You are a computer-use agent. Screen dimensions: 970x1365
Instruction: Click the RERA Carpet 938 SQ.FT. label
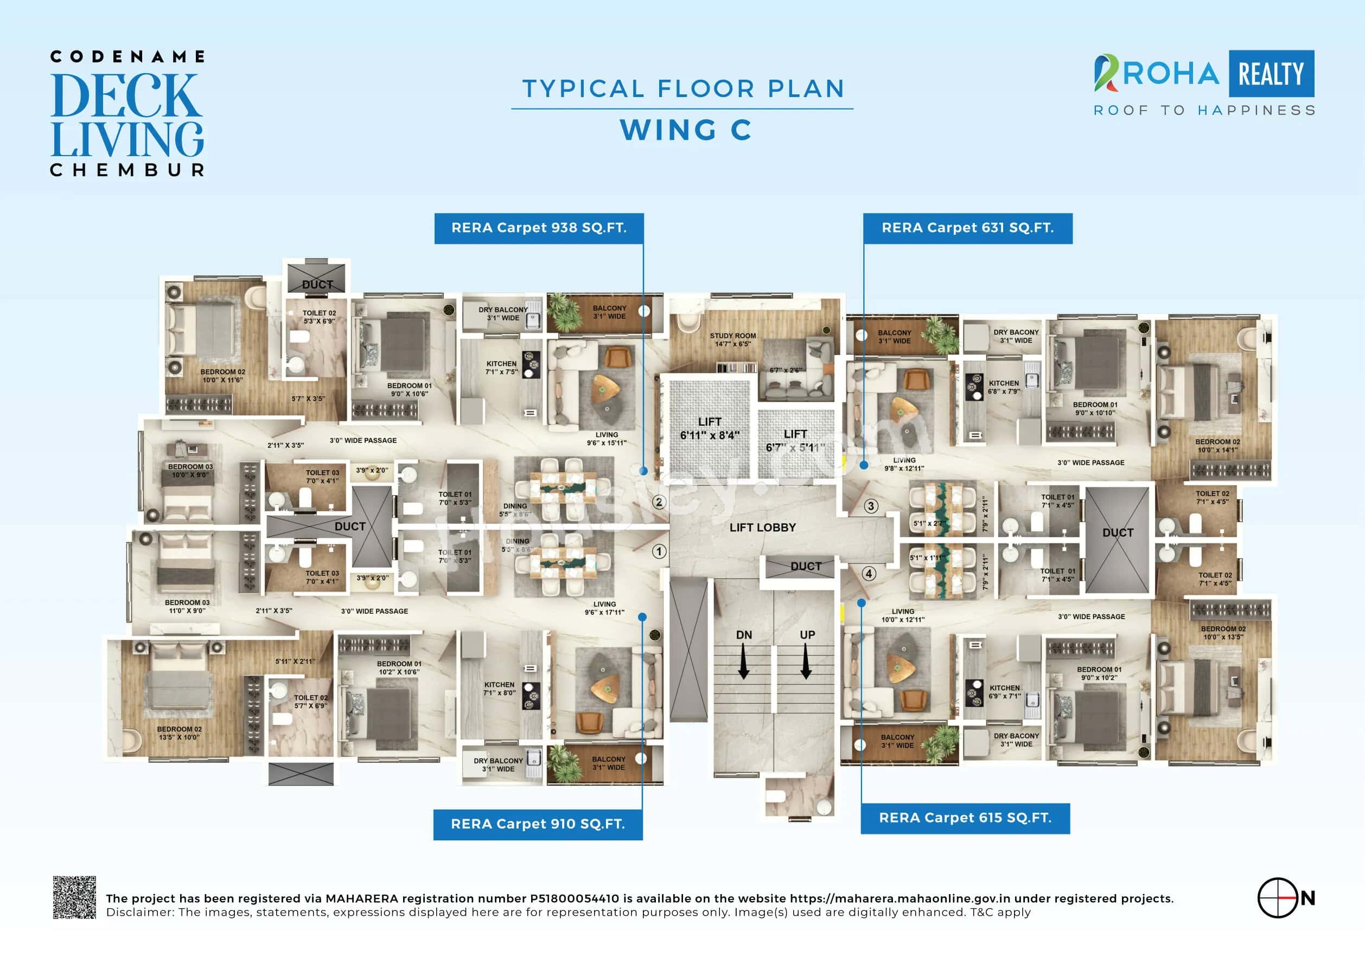539,228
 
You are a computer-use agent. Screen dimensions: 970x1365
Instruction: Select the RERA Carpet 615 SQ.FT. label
965,818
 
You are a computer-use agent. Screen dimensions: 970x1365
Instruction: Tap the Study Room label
733,340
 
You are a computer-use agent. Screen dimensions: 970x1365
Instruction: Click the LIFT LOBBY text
763,528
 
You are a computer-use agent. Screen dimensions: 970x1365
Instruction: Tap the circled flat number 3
871,506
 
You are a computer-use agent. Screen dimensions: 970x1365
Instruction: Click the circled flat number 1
659,551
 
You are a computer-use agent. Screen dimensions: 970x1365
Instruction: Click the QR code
74,897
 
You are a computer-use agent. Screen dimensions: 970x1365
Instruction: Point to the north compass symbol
1278,898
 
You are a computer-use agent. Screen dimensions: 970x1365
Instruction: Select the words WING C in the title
686,130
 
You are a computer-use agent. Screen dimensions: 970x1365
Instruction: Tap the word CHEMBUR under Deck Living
127,170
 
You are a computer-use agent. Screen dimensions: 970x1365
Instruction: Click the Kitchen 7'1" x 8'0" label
499,689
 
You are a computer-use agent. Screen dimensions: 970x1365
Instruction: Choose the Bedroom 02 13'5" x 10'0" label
179,733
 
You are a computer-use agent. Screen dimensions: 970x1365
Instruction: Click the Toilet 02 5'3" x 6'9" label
319,317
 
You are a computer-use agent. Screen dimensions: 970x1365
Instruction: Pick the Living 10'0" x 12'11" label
902,616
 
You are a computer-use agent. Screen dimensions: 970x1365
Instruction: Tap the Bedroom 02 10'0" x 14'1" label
1217,446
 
